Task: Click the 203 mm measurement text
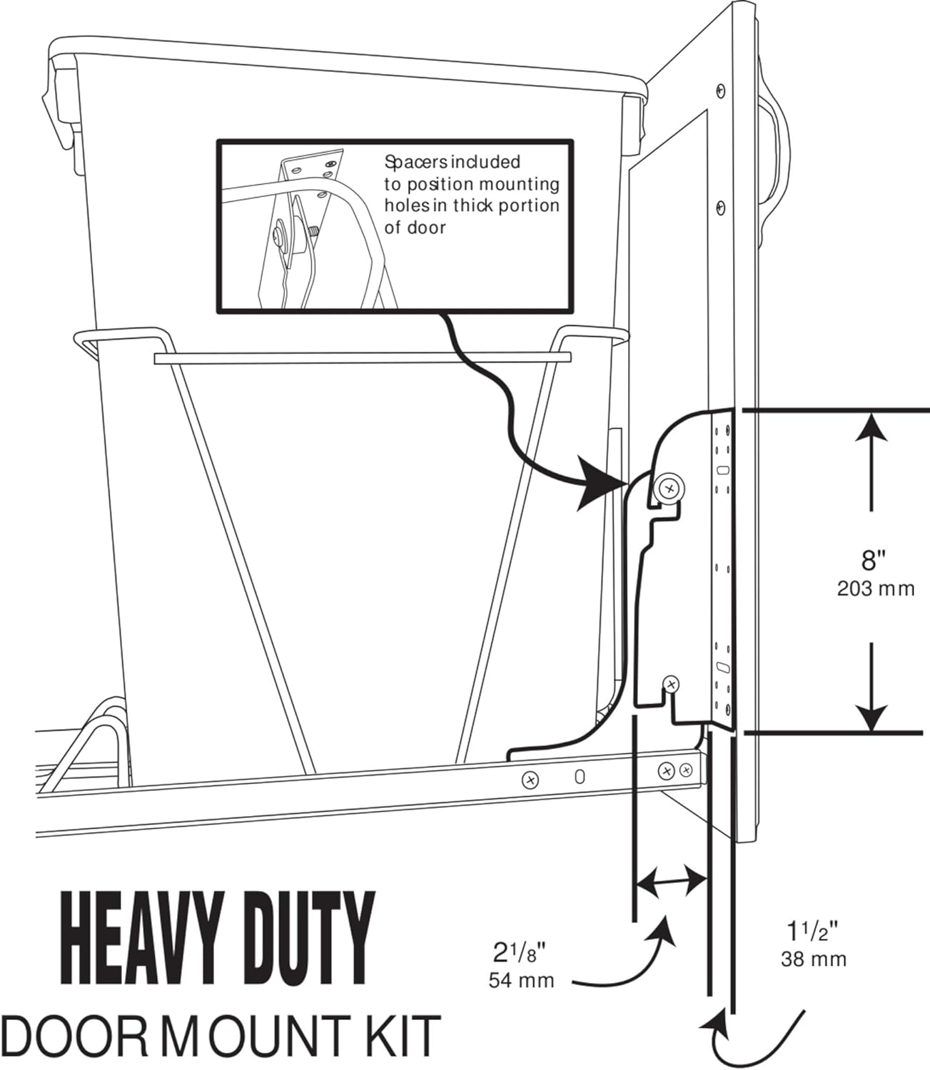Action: (875, 589)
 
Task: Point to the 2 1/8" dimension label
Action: (520, 952)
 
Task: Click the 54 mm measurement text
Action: (521, 980)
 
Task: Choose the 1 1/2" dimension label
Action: (812, 932)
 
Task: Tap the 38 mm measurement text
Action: (814, 959)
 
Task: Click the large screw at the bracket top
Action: (669, 489)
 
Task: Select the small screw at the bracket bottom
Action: (671, 685)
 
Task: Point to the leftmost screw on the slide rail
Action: (530, 780)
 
